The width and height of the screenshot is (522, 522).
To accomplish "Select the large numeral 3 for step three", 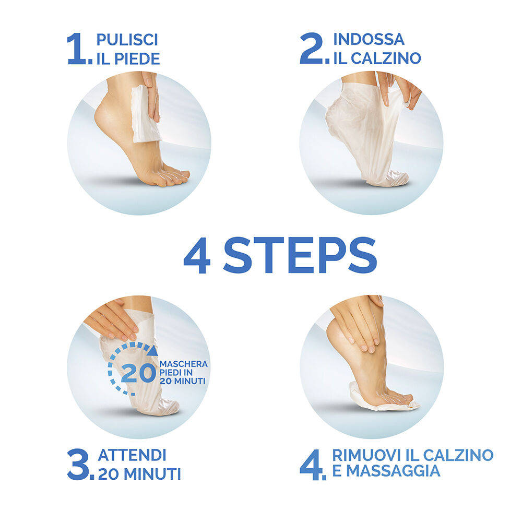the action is (x=78, y=465).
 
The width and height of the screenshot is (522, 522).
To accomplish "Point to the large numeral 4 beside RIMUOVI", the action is (x=311, y=465).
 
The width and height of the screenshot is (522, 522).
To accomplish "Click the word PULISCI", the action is (x=127, y=40).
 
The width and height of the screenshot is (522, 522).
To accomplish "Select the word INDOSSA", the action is (x=369, y=39).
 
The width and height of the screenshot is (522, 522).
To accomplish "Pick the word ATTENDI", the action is (x=132, y=455).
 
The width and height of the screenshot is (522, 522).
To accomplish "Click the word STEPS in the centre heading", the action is (x=300, y=255).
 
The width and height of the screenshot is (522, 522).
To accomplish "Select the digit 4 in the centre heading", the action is (x=197, y=255).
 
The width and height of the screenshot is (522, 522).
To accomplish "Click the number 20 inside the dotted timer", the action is (x=138, y=373).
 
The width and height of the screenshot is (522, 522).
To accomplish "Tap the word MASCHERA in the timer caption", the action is (x=183, y=364).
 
